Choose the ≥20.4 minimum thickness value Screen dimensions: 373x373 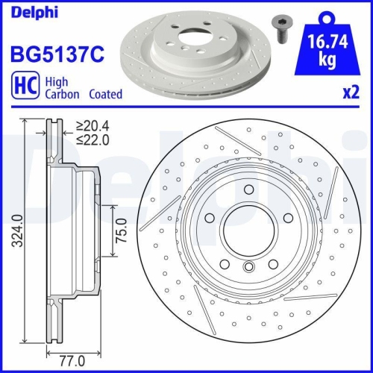96,126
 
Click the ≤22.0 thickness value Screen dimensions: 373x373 96,140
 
